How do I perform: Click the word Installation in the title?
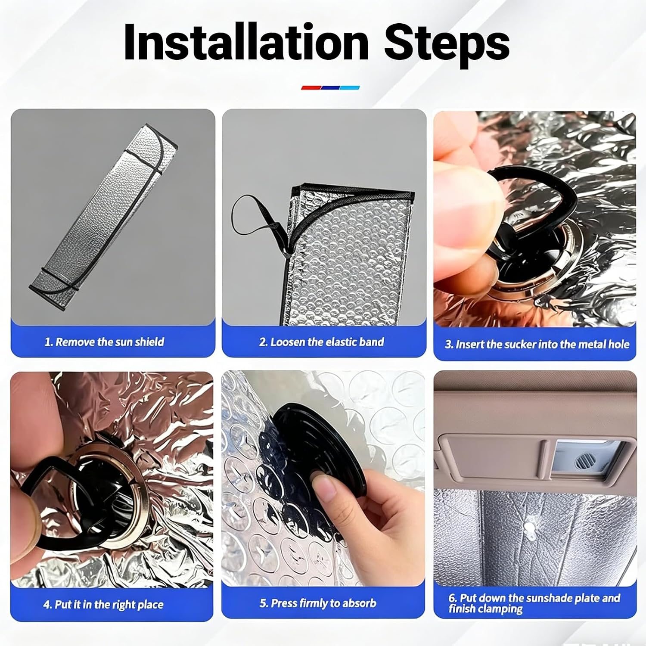[x=246, y=41]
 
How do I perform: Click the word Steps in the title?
[x=447, y=44]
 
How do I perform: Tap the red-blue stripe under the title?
[x=330, y=87]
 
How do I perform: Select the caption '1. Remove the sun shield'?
[x=104, y=342]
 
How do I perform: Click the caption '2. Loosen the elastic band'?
[x=322, y=342]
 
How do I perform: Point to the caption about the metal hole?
[x=537, y=344]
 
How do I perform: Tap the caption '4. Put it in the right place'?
[x=103, y=604]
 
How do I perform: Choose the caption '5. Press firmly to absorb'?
[x=318, y=603]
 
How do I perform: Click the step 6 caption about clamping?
[x=534, y=603]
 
